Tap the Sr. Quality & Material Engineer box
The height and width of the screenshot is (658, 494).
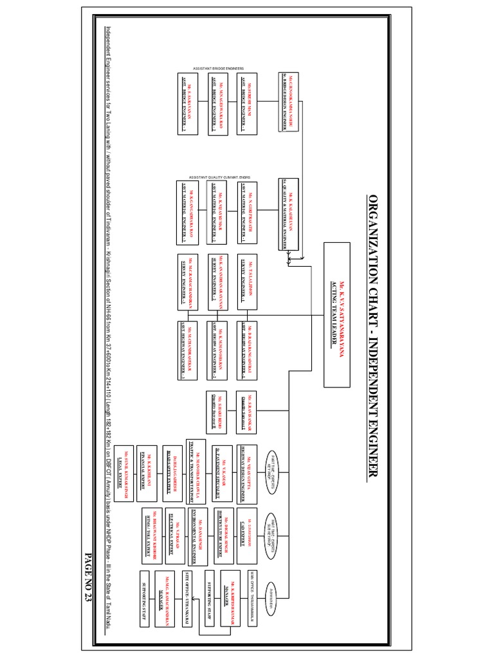click(289, 212)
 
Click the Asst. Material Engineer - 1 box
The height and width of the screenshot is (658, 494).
click(251, 212)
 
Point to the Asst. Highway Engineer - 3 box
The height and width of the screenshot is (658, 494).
click(187, 350)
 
